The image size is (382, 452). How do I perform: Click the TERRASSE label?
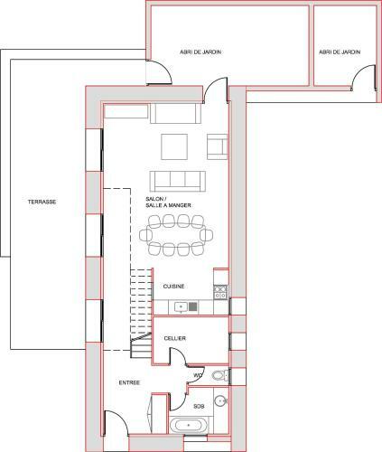point(42,202)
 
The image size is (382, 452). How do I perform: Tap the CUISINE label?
point(173,287)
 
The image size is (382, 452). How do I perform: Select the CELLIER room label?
point(175,338)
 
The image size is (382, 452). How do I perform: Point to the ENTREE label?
point(129,382)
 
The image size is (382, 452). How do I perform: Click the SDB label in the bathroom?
point(199,407)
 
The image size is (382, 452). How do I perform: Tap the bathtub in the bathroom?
point(189,425)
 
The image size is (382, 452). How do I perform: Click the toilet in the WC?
point(220,376)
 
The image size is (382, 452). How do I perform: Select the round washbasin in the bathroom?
point(220,400)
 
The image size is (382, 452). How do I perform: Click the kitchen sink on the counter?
point(182,307)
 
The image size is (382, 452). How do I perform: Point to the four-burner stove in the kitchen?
point(220,293)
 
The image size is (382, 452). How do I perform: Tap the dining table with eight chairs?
point(176,235)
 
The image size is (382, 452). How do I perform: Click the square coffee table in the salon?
point(174,146)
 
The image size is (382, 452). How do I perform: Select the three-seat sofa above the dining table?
point(178,182)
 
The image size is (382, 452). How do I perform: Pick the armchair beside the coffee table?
point(217,146)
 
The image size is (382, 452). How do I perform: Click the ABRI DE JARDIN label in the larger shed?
point(200,52)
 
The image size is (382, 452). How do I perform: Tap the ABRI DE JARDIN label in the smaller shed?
point(340,52)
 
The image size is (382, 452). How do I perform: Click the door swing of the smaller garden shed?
point(359,71)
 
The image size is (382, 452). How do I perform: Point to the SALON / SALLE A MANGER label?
point(168,202)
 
